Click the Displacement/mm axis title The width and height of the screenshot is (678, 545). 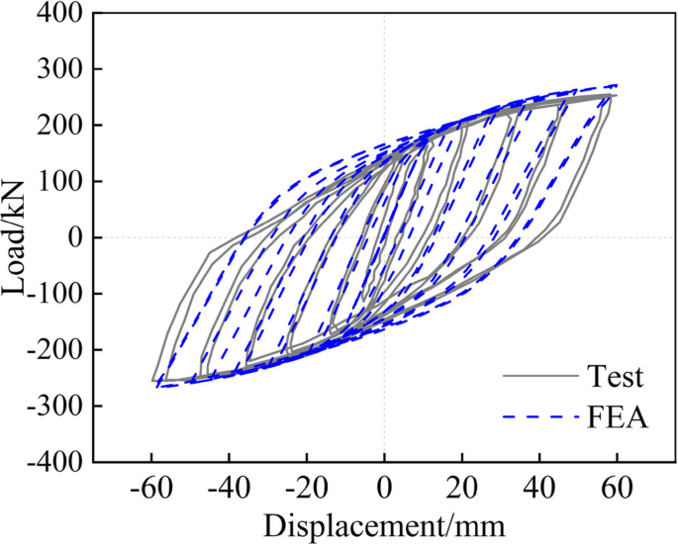(384, 522)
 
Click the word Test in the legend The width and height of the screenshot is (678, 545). (615, 377)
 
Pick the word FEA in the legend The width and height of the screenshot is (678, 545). (618, 418)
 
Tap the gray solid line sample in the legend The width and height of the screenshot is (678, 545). (539, 377)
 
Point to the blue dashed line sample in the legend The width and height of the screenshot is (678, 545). (539, 418)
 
